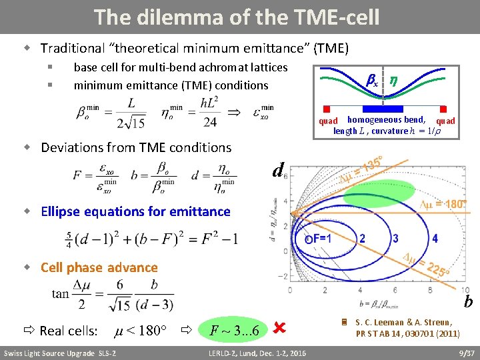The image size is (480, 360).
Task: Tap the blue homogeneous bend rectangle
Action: (x=383, y=108)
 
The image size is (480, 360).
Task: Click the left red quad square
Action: (x=326, y=109)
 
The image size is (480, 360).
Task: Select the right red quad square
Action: (x=442, y=109)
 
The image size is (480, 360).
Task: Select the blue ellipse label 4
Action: (x=435, y=238)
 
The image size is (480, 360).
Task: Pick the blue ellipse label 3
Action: (x=395, y=238)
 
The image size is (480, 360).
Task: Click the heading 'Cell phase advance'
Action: (x=99, y=267)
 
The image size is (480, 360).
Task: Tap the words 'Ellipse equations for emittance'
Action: (x=135, y=211)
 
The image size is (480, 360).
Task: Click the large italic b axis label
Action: (x=468, y=302)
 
